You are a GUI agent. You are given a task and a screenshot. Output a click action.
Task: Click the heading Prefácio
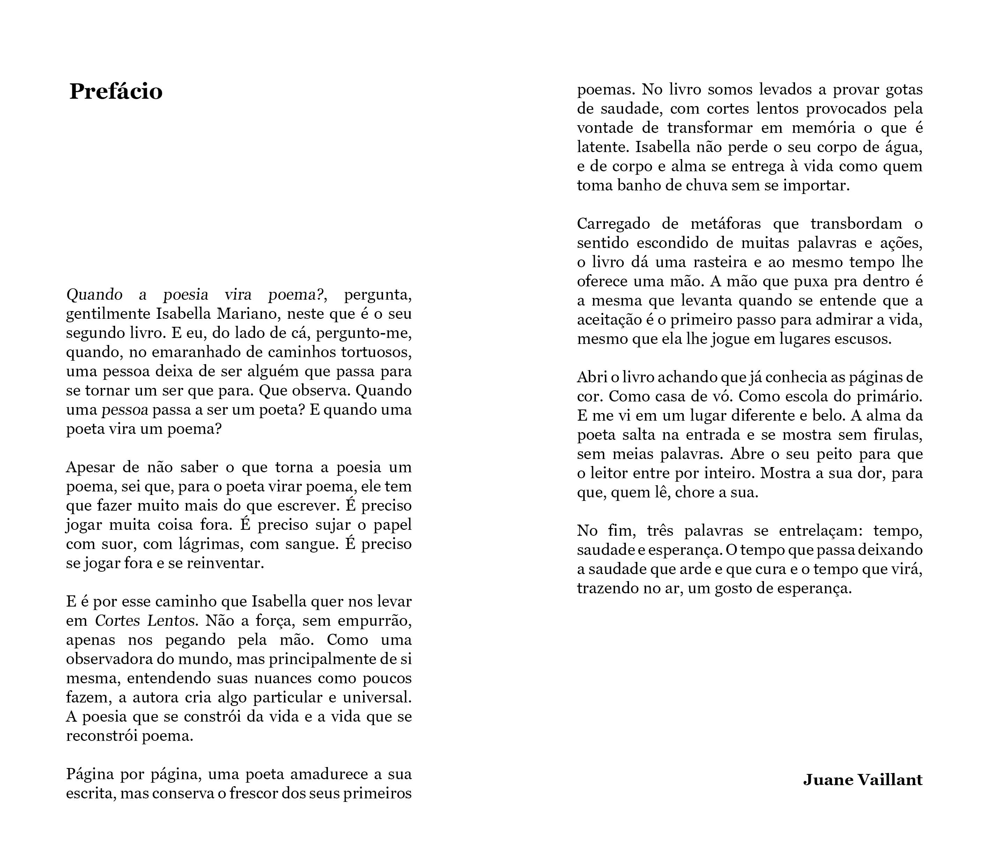point(116,91)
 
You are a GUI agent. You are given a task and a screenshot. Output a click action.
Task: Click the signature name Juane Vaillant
point(862,779)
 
